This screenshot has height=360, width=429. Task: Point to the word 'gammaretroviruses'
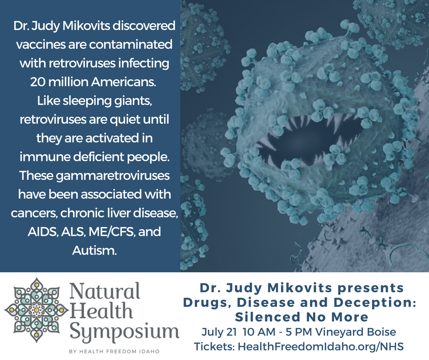113,175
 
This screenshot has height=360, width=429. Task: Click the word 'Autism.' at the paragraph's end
94,250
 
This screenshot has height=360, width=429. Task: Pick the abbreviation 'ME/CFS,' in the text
112,232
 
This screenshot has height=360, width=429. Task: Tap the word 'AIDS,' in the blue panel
43,232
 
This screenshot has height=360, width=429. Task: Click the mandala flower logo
36,310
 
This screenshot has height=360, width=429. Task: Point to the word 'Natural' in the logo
105,291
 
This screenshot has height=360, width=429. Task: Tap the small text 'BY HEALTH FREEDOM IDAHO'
114,351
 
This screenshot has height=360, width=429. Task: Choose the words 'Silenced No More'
302,317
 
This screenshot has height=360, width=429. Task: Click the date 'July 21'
219,332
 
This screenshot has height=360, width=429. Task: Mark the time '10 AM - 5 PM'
277,332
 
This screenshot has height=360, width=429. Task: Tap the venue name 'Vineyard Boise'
356,332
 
